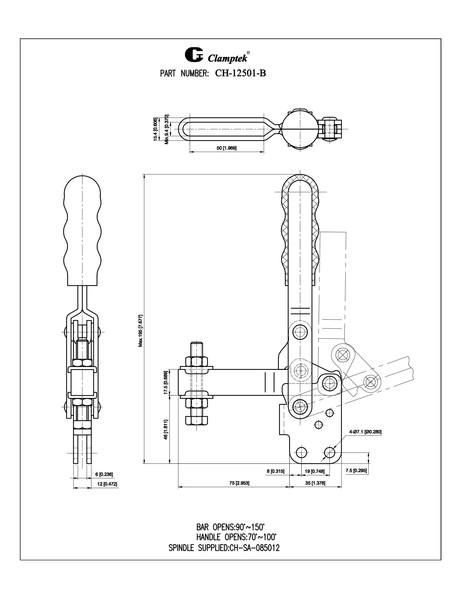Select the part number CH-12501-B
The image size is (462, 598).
click(240, 73)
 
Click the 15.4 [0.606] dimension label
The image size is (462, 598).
click(155, 129)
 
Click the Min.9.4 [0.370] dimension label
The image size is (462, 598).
click(166, 129)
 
